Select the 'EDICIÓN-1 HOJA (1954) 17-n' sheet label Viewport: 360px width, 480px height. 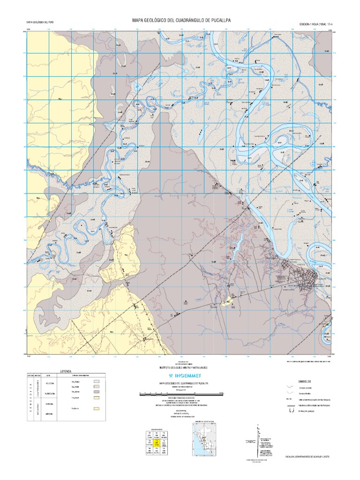click(x=315, y=23)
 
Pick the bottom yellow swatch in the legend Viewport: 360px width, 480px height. click(x=97, y=409)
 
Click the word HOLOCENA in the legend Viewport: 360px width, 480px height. click(x=51, y=383)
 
